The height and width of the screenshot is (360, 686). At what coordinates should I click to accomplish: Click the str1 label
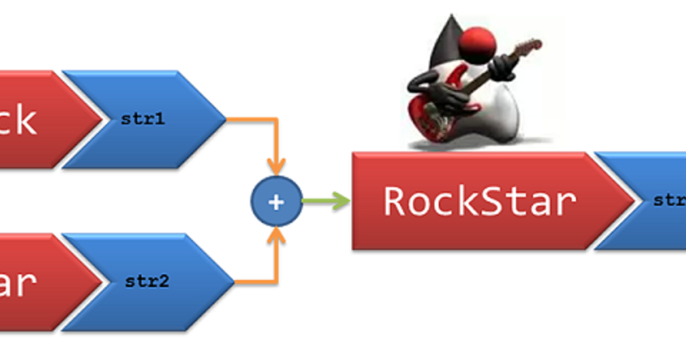(x=143, y=119)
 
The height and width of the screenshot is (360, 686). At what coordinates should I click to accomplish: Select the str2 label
(x=147, y=281)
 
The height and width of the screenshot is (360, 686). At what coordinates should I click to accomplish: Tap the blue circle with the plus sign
(x=276, y=201)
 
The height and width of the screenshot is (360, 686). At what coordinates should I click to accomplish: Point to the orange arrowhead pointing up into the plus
(x=276, y=236)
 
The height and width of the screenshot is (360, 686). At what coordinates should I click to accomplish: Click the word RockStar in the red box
(x=479, y=201)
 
